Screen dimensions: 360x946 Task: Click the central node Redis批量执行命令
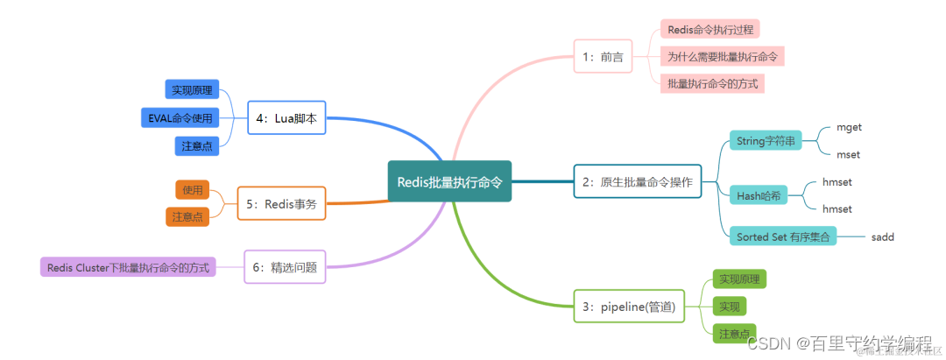449,181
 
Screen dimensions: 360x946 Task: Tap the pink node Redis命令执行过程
709,29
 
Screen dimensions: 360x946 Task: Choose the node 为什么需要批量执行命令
722,56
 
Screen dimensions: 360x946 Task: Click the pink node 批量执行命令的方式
712,83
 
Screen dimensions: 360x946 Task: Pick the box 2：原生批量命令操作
637,182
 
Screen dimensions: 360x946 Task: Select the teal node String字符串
765,140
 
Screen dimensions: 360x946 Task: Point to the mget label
849,127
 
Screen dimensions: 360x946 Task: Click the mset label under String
848,154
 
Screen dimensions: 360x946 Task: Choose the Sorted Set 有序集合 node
782,236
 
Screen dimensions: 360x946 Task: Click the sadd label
882,236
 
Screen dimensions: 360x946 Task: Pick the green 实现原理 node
738,279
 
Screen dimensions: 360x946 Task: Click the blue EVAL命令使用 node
180,118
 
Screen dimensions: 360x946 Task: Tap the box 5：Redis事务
280,203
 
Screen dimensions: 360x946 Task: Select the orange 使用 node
192,189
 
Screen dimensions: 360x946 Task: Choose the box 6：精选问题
284,267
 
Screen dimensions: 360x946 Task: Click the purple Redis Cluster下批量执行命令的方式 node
128,267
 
